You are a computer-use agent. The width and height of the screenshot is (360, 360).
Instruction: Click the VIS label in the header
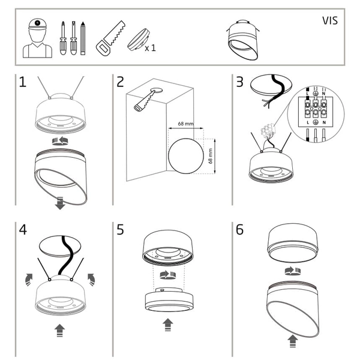click(x=329, y=20)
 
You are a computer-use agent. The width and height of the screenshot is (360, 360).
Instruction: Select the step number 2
click(x=120, y=82)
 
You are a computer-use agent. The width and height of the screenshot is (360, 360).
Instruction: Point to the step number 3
click(x=239, y=82)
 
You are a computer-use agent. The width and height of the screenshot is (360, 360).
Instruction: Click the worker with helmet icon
click(x=37, y=37)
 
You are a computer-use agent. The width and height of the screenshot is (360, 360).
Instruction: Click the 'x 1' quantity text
click(x=150, y=48)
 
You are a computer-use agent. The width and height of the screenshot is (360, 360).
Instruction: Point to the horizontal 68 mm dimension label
click(x=186, y=125)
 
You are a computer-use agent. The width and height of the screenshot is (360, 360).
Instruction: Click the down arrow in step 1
click(x=60, y=204)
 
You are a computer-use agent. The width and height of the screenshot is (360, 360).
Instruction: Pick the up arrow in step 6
click(x=292, y=341)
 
